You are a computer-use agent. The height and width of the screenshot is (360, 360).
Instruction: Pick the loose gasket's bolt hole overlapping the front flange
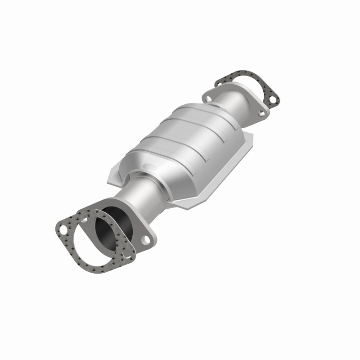pyautogui.click(x=128, y=255)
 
